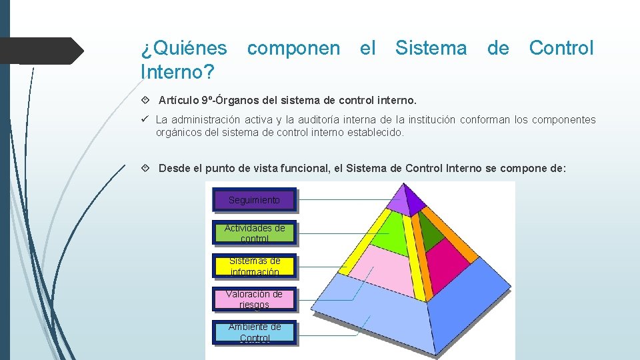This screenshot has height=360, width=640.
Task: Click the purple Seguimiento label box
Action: [254, 200]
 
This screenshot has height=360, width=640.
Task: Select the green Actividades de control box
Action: [254, 233]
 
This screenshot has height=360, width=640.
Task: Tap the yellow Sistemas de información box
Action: [254, 266]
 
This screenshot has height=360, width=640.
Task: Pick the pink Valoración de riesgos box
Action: [254, 299]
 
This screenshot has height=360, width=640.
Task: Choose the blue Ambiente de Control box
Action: [254, 332]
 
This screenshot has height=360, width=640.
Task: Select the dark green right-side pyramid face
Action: [432, 230]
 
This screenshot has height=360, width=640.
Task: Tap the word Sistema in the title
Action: [431, 48]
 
